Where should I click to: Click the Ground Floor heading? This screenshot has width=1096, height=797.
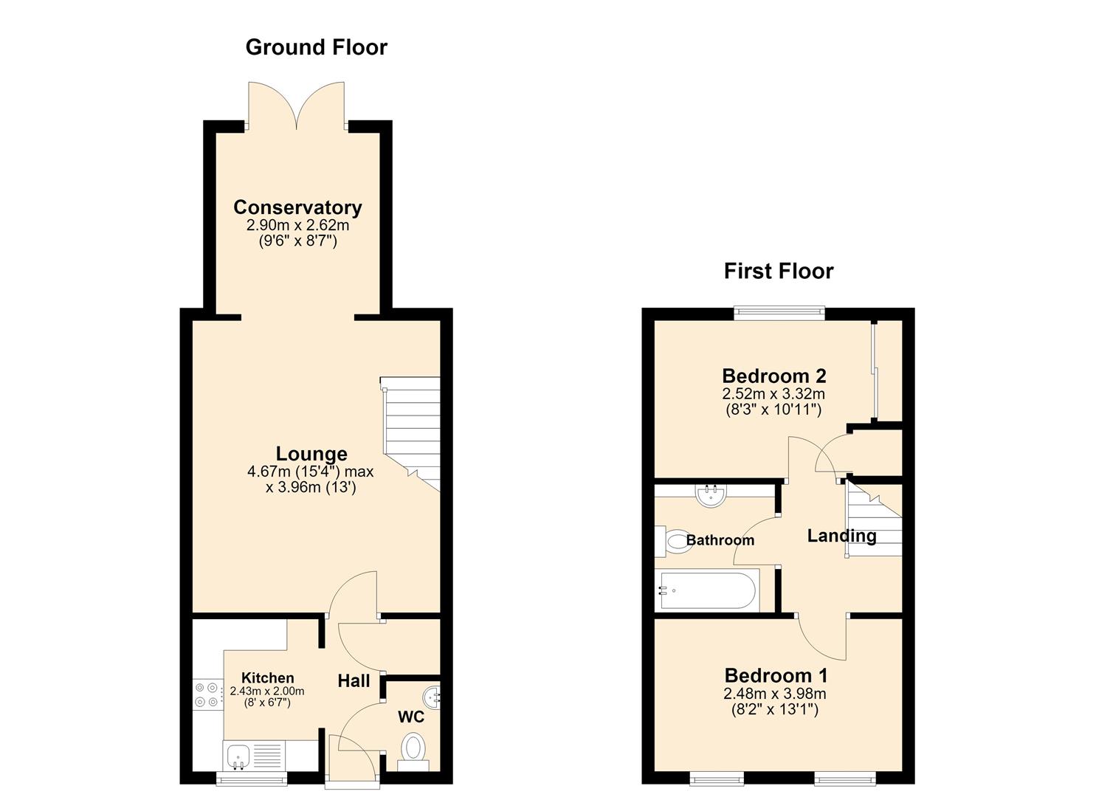[x=316, y=47]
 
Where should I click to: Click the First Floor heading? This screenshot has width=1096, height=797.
[x=779, y=271]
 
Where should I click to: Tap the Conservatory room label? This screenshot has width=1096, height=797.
[x=297, y=207]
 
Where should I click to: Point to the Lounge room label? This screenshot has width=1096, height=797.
[x=311, y=454]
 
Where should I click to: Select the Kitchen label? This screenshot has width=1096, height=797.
[x=268, y=677]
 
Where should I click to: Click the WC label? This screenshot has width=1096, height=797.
[x=411, y=717]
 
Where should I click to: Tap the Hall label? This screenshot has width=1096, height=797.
[x=354, y=680]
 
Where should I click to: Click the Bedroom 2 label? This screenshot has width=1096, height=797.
[x=774, y=376]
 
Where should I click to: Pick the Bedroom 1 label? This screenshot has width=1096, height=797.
[x=776, y=675]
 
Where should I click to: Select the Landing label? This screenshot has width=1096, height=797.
[x=841, y=536]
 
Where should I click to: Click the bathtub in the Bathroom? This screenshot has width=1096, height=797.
[x=708, y=590]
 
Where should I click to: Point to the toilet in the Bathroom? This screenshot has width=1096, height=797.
[x=673, y=542]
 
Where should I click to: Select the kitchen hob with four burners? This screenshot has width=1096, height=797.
[x=207, y=694]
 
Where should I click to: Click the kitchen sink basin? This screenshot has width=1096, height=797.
[x=238, y=756]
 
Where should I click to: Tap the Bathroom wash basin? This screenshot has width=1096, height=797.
[x=711, y=496]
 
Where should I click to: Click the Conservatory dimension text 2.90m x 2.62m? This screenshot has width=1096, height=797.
[x=297, y=226]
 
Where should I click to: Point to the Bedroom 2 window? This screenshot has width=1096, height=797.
[x=779, y=312]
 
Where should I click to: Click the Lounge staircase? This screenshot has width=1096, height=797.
[x=411, y=433]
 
